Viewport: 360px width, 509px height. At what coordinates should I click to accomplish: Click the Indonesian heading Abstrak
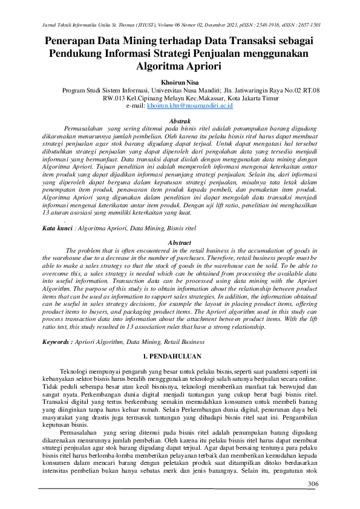[180, 121]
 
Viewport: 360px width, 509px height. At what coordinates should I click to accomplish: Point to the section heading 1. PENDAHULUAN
[180, 351]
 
